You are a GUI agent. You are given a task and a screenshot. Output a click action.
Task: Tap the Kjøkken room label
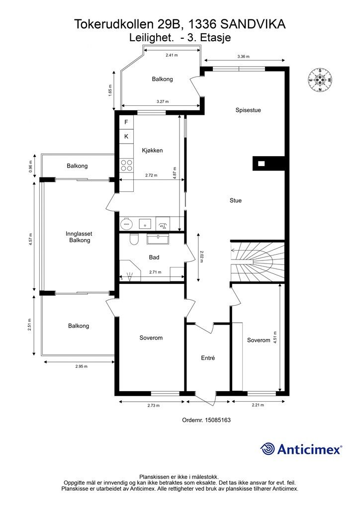tap(152, 150)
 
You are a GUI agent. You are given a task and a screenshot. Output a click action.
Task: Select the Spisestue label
tap(248, 110)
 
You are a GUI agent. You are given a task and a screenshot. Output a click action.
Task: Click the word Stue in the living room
tap(236, 200)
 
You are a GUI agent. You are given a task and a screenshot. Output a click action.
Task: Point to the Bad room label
tap(154, 257)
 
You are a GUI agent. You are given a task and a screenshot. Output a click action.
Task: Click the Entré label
tap(208, 358)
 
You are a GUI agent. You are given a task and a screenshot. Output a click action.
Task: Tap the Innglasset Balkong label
tap(79, 237)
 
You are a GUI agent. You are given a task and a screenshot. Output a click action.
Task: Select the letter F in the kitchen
tap(127, 122)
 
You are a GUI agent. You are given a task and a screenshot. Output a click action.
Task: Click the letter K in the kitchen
tap(127, 137)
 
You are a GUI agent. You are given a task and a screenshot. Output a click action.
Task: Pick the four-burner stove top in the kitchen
tap(127, 165)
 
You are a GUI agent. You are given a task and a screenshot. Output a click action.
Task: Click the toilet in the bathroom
tap(133, 239)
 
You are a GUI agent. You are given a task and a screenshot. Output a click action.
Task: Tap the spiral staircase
tap(258, 261)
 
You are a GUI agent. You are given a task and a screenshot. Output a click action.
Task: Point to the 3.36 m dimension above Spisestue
tap(244, 57)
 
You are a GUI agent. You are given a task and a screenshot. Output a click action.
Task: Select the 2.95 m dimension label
tap(82, 366)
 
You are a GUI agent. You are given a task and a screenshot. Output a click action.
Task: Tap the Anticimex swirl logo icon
tap(268, 449)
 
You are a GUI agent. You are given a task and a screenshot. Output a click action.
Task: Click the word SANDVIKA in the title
tap(253, 24)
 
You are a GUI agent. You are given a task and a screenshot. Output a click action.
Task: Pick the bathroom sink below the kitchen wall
tap(158, 240)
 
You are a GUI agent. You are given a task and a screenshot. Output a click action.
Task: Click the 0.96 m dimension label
tap(31, 167)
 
